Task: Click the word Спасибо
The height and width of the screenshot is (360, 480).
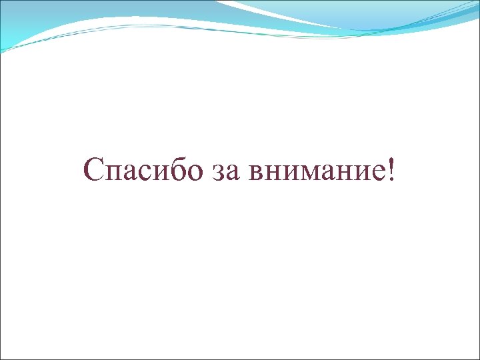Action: [x=144, y=171]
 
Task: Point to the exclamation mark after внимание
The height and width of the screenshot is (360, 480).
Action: [x=390, y=169]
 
